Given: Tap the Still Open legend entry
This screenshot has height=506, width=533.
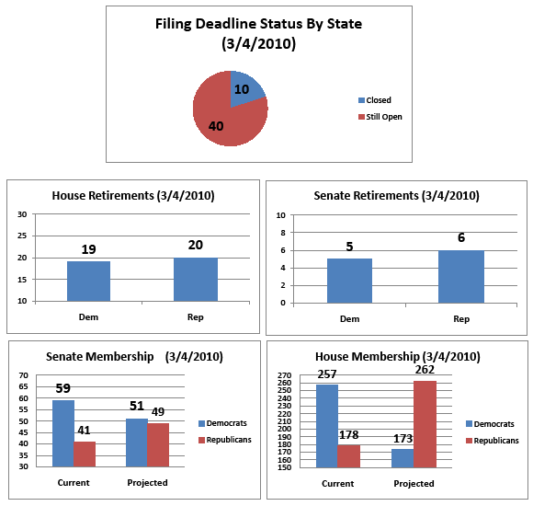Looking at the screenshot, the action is click(x=380, y=117).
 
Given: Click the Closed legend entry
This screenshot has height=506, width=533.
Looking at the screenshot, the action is click(x=375, y=100).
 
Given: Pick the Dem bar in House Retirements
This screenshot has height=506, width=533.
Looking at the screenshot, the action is click(x=89, y=282).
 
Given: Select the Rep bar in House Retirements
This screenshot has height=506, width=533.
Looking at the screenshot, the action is click(x=196, y=280).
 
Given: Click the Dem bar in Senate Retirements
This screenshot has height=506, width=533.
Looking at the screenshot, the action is click(x=349, y=281).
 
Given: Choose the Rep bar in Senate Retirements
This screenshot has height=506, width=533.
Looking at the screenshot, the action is click(x=461, y=277).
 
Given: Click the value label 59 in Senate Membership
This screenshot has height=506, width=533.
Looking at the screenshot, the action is click(x=62, y=388).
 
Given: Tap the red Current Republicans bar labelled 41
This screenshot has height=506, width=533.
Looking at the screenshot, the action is click(x=85, y=454).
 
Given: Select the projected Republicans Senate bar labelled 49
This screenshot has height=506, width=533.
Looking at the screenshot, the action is click(x=158, y=444).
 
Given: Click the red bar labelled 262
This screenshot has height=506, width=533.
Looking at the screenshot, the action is click(x=425, y=424).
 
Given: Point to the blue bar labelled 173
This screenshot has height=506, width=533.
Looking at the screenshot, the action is click(x=403, y=458).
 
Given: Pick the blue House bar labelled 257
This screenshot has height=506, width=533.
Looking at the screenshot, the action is click(x=327, y=426).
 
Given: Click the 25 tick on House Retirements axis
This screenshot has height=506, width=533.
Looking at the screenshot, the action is click(x=22, y=236).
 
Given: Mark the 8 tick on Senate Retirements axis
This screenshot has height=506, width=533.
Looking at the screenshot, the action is click(x=283, y=233).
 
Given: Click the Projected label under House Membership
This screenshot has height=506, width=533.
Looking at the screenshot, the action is click(x=414, y=484).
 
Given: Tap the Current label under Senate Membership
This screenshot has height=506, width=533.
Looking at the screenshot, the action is click(x=74, y=482).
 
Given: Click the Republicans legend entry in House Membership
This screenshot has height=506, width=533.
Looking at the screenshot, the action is click(x=493, y=441).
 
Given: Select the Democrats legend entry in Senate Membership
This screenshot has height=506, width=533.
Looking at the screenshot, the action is click(x=222, y=423).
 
